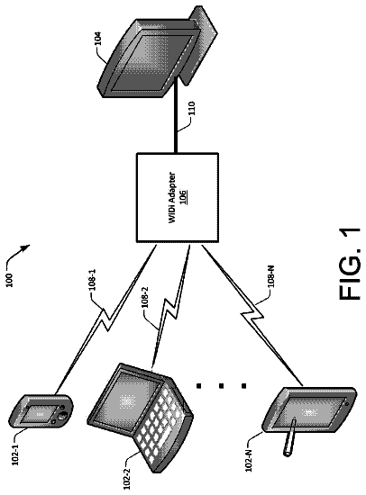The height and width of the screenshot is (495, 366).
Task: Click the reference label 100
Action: pos(10,280)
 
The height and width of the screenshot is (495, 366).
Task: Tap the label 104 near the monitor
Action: pos(98,38)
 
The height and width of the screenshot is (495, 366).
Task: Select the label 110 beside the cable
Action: pos(193,108)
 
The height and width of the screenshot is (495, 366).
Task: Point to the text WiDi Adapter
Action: pos(172,198)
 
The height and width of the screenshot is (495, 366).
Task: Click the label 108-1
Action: pos(92,280)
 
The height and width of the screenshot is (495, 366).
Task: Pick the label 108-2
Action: pos(145,298)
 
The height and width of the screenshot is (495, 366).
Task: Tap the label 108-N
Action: pos(271,276)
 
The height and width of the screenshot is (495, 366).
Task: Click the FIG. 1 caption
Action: pos(350,264)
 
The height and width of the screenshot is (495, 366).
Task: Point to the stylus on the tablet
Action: pos(290,436)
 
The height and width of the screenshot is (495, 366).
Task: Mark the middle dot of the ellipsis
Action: pos(221,385)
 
